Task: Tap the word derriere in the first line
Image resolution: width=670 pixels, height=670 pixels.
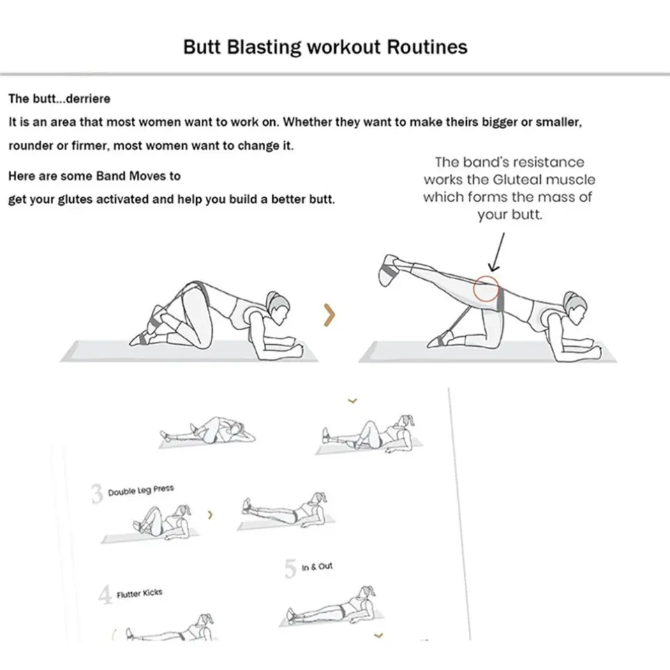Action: [87, 98]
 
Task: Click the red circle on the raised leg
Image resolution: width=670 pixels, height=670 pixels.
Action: [486, 289]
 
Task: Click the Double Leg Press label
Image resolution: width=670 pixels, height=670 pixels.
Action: [141, 491]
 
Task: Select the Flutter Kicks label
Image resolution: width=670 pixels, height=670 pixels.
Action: [140, 594]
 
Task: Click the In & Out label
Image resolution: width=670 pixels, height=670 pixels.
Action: [317, 567]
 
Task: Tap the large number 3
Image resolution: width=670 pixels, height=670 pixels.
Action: [97, 494]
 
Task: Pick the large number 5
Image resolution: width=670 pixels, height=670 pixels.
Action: [290, 569]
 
